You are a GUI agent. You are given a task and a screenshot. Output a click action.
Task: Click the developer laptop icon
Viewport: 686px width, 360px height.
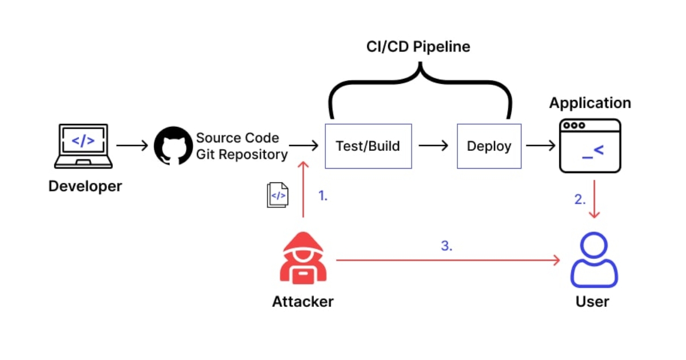point(83,146)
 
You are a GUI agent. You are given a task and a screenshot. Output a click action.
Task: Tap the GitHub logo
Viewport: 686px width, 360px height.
point(173,146)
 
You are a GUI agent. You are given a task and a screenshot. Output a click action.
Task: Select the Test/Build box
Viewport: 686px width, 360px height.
point(368,146)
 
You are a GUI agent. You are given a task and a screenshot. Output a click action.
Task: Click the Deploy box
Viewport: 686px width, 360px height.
point(489,146)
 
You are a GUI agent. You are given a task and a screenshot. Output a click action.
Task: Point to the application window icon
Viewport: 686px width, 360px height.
point(590,146)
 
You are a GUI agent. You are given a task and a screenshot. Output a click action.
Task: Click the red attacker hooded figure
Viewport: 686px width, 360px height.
point(303,258)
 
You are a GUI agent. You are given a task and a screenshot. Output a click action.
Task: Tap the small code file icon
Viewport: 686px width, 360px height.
point(278,195)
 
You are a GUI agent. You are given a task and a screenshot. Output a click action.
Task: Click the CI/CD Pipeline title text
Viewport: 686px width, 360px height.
point(418,47)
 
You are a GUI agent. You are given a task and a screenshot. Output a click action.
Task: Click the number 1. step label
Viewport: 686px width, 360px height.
point(323,196)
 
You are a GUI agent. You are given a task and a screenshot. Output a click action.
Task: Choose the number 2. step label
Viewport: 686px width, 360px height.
point(580,199)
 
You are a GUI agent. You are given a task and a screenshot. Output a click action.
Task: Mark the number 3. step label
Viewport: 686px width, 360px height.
point(447,246)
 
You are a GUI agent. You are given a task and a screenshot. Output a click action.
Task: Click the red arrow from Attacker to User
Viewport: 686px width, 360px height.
point(446,261)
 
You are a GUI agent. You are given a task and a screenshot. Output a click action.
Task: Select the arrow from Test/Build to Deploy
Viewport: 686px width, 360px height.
point(433,146)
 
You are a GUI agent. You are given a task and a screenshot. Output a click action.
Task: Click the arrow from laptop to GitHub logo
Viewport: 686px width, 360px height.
point(132,146)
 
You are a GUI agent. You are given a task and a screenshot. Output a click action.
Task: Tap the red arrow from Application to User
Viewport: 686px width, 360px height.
point(595,199)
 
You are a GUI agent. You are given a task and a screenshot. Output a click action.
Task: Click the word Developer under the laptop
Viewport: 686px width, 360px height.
point(85,186)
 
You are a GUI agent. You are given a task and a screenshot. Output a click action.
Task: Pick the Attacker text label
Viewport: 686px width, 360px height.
point(302,301)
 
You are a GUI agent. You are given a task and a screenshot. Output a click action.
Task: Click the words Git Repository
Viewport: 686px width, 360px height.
point(242,154)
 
